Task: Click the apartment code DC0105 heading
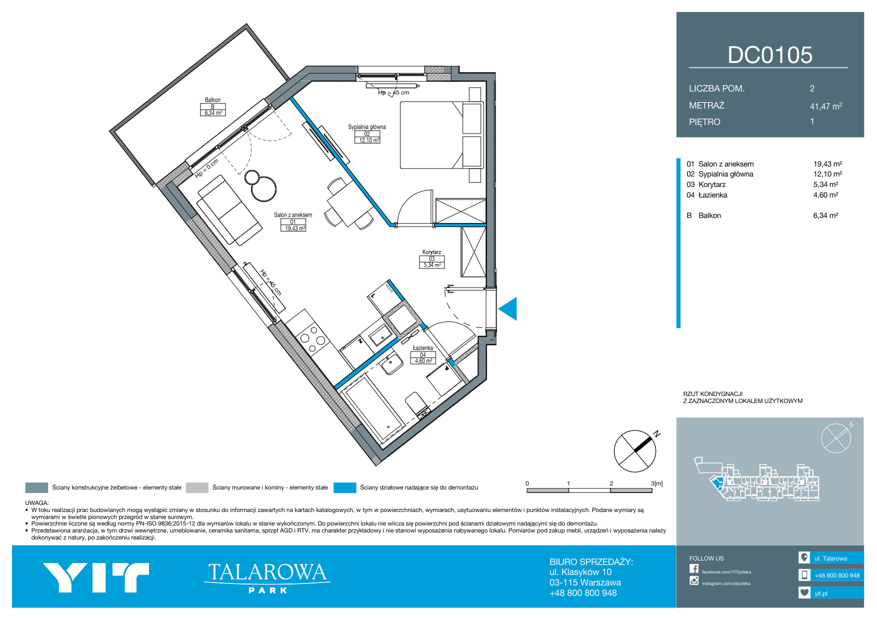tap(770, 55)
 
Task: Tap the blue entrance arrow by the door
tap(508, 308)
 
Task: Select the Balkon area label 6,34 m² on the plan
tap(213, 113)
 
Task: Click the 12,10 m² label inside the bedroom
tap(369, 140)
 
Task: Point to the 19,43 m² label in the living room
tap(295, 228)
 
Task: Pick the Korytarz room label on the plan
tap(431, 252)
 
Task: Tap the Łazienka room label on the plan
tap(423, 348)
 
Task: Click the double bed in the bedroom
tap(441, 135)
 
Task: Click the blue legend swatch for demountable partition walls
tap(344, 487)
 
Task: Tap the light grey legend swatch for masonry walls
tap(197, 487)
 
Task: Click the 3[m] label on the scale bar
tap(657, 483)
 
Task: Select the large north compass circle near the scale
tap(634, 451)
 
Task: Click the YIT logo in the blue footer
tap(96, 577)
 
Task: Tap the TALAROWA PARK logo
tap(267, 578)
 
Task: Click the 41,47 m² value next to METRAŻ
tap(826, 106)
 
